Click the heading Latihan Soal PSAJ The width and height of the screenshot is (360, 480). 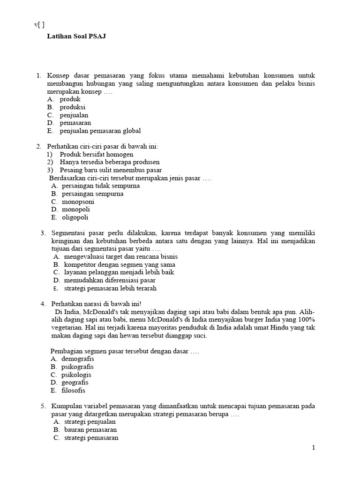[76, 36]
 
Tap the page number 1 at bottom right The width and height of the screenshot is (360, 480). [314, 448]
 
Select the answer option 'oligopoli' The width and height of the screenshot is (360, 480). [75, 217]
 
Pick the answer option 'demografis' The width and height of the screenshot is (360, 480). [78, 359]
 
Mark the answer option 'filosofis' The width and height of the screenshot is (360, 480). [74, 390]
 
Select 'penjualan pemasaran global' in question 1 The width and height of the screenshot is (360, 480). [100, 131]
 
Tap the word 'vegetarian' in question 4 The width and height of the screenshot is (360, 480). [66, 328]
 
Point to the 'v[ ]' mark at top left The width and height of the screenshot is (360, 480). [39, 25]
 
